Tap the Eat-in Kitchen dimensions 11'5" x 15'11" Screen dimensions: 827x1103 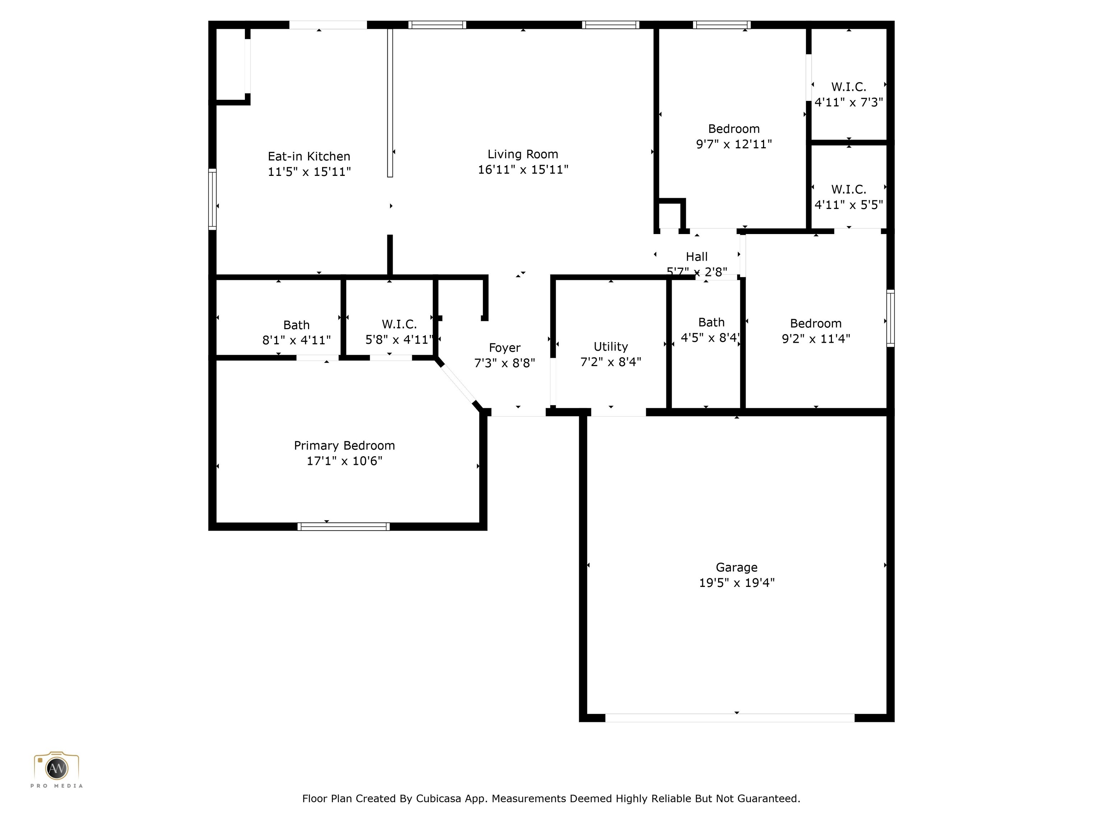point(309,172)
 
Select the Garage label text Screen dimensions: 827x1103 point(736,567)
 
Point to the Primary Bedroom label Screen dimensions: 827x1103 point(344,446)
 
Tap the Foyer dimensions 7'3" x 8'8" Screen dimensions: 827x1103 point(504,363)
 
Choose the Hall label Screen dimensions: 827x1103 point(697,257)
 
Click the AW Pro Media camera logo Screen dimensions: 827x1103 point(56,768)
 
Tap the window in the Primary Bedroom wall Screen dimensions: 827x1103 point(344,527)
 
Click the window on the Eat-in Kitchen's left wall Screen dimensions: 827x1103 point(213,200)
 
